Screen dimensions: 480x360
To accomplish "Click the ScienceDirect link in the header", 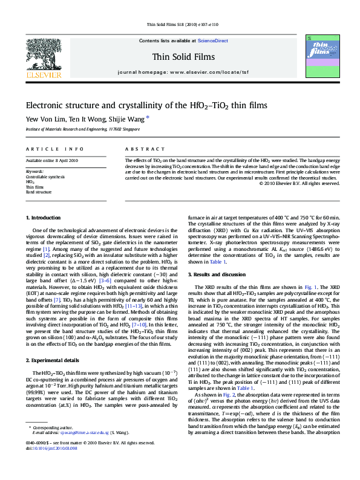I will click(x=212, y=41).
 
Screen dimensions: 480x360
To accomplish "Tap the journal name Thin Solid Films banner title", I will click(x=180, y=56).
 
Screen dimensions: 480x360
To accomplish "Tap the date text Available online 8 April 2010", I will click(x=52, y=160).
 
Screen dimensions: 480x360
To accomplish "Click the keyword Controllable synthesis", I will click(x=45, y=176).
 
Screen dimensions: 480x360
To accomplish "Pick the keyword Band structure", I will click(x=39, y=191).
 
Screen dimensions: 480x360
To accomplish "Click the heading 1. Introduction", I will click(x=44, y=217).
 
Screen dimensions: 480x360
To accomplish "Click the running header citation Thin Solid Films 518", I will click(x=180, y=25).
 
